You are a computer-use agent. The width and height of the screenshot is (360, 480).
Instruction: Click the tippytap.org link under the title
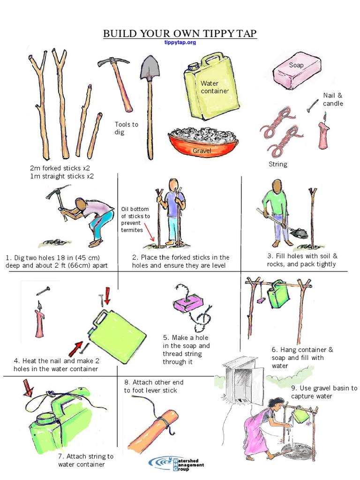pos(180,42)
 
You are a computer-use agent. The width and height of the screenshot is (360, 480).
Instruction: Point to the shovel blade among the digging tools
pos(150,68)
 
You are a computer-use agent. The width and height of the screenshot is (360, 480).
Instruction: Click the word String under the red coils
pos(278,164)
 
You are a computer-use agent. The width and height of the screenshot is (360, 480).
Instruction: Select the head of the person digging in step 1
pos(81,203)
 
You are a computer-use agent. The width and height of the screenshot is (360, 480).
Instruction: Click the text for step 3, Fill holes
pos(302,260)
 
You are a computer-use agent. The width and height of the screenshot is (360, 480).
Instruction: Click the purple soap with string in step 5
pos(186,303)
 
